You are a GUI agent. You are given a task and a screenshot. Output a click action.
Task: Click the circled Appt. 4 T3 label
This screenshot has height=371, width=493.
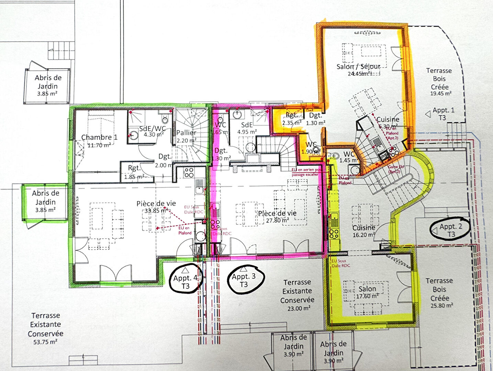point(186,282)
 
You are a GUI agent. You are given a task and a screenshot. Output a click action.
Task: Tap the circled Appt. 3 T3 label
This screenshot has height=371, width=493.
point(244,280)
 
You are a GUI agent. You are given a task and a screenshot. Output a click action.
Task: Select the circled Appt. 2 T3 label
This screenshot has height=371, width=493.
point(451,231)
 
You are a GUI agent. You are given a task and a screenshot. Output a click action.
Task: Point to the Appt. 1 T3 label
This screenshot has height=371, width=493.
point(443,114)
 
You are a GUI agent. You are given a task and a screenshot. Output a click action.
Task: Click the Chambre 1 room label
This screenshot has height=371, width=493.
point(99,137)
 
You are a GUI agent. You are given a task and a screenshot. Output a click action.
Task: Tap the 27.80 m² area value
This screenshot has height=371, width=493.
point(277,220)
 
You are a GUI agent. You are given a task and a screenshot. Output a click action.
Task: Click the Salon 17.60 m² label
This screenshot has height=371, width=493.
point(367,292)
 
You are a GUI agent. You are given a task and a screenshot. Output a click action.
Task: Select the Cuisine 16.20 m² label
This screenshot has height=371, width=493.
point(363,231)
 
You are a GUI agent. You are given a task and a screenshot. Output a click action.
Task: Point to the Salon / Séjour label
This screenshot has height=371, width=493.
point(358,67)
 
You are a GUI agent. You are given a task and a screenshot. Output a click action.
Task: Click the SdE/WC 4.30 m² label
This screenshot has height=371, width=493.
point(152,131)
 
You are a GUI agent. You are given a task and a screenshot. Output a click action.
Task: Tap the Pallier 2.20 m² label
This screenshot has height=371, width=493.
point(186,136)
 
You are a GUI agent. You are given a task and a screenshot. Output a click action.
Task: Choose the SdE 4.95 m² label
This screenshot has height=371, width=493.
point(247,128)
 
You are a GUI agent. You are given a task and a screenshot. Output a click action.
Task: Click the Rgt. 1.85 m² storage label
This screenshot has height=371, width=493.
point(134,172)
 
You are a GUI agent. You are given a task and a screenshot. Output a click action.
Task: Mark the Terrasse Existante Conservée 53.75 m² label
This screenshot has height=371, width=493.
point(45,328)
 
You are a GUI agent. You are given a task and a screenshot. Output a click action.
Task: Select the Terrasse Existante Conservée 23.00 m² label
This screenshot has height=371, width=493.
point(297,295)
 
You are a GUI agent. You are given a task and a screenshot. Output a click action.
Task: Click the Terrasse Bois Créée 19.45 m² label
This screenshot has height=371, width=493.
point(439,82)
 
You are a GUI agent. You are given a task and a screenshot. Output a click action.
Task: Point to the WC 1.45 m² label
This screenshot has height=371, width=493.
point(349,157)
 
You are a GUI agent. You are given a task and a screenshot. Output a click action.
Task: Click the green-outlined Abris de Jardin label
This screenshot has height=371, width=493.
point(46,201)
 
